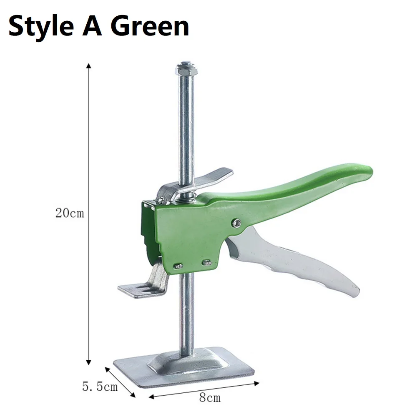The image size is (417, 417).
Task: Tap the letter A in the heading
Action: [92, 26]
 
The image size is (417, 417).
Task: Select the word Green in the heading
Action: [149, 26]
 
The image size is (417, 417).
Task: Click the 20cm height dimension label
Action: [70, 213]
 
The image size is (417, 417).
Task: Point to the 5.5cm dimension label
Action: [100, 387]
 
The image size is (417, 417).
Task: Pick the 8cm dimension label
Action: [210, 398]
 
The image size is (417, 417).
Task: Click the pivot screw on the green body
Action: [236, 223]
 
